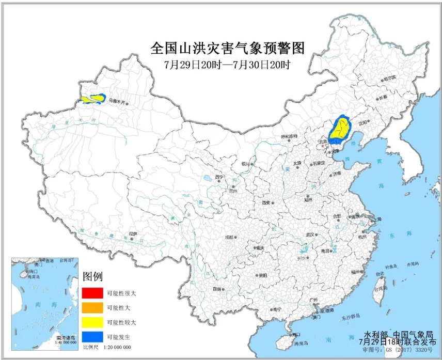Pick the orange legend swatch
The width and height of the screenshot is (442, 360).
(x=91, y=308)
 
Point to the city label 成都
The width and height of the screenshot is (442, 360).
(x=229, y=237)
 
